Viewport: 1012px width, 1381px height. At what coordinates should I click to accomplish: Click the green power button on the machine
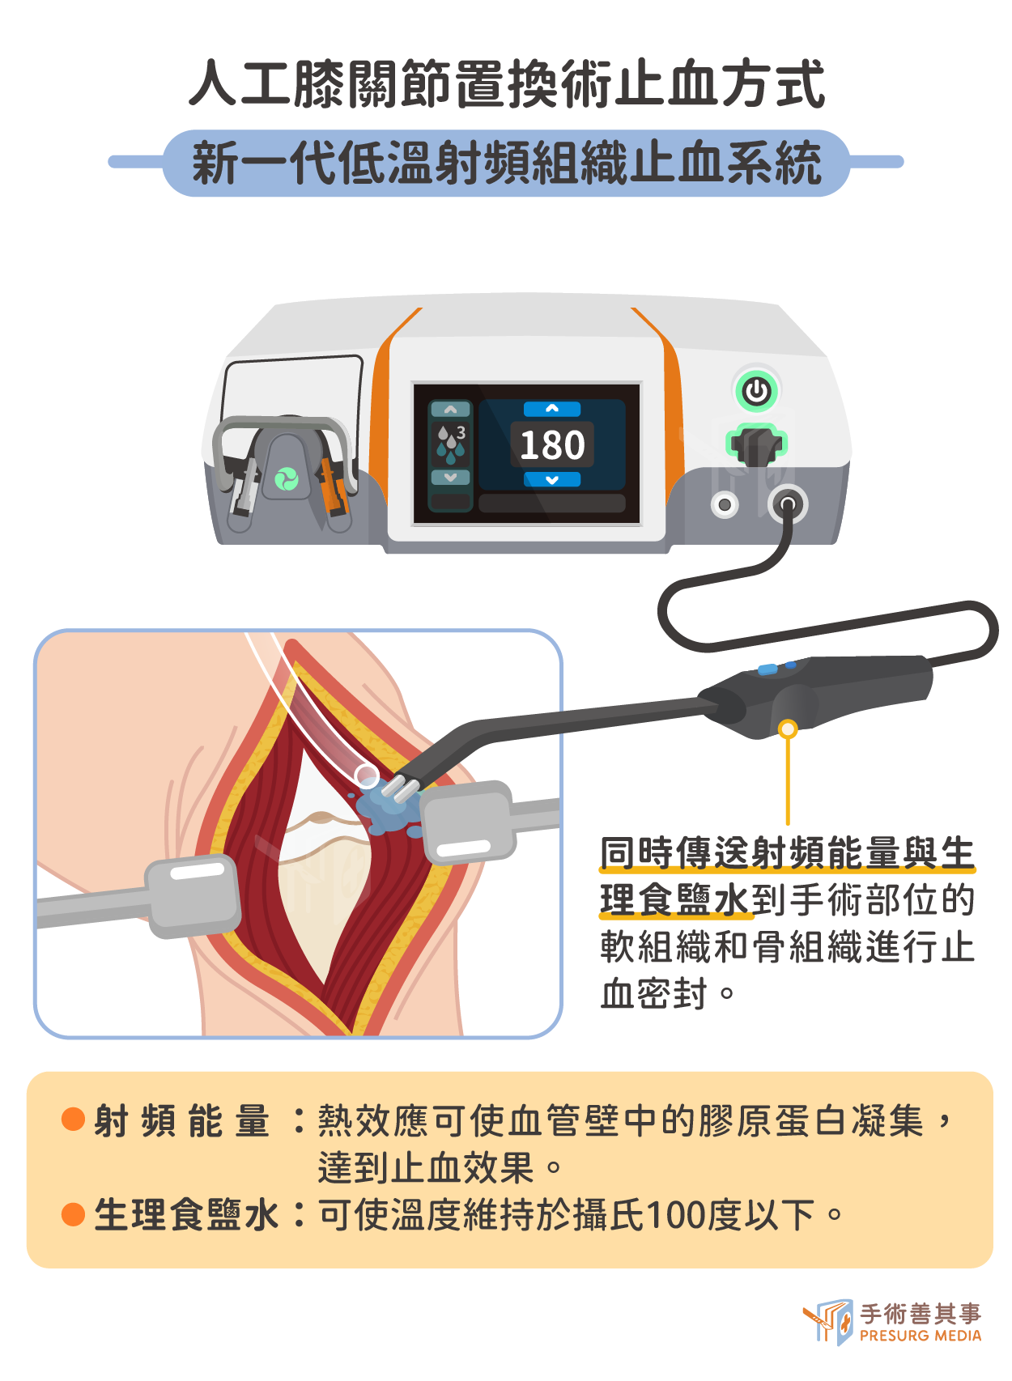coord(756,390)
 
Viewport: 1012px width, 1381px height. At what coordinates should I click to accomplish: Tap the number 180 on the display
coord(552,444)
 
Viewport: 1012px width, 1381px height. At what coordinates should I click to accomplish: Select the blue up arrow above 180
coord(552,409)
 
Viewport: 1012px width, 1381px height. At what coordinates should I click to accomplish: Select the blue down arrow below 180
coord(552,479)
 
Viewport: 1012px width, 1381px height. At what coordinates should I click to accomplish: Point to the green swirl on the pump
coord(286,478)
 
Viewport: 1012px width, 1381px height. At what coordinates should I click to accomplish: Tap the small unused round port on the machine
coord(725,505)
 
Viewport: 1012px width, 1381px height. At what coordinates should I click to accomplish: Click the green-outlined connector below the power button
coord(757,444)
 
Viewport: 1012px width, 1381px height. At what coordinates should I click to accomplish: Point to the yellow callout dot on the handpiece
coord(788,729)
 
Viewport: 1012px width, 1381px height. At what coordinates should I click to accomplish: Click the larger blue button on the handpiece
coord(768,669)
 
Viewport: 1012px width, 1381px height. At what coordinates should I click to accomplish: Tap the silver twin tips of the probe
coord(401,788)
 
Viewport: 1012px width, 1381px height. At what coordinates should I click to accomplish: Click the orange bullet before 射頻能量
coord(74,1119)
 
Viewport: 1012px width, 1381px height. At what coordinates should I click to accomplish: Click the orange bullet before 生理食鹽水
coord(74,1214)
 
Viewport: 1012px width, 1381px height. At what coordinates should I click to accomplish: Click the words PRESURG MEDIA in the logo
coord(920,1336)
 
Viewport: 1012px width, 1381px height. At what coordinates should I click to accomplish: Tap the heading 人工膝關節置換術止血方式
coord(506,83)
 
